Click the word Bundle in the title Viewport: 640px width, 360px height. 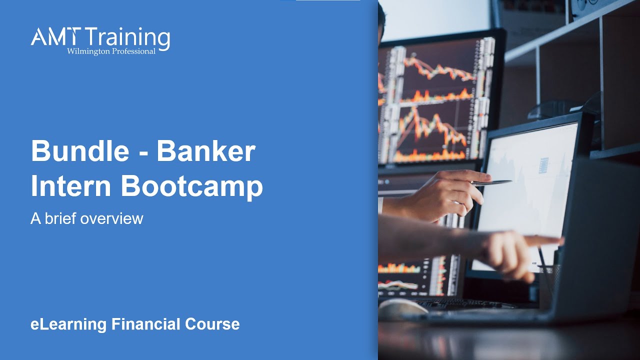coord(79,151)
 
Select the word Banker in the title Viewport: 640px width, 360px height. coord(206,151)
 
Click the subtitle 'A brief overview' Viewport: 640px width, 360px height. coord(86,218)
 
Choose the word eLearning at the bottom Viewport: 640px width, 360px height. coord(68,324)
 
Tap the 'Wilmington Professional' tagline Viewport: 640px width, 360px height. coord(111,51)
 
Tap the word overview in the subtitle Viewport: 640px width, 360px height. coord(116,219)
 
